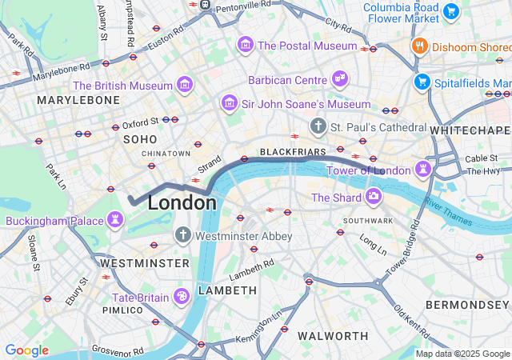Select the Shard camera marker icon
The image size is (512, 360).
(x=374, y=197)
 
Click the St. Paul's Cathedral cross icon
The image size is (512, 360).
(x=318, y=126)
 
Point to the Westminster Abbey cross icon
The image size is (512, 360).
(x=182, y=236)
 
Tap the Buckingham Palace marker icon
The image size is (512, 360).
(x=116, y=218)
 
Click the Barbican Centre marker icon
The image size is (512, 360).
(x=340, y=79)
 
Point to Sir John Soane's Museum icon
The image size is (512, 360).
(x=229, y=104)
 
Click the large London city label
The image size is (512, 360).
(x=182, y=203)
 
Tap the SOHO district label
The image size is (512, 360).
(x=141, y=139)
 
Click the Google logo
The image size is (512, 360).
(x=26, y=350)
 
